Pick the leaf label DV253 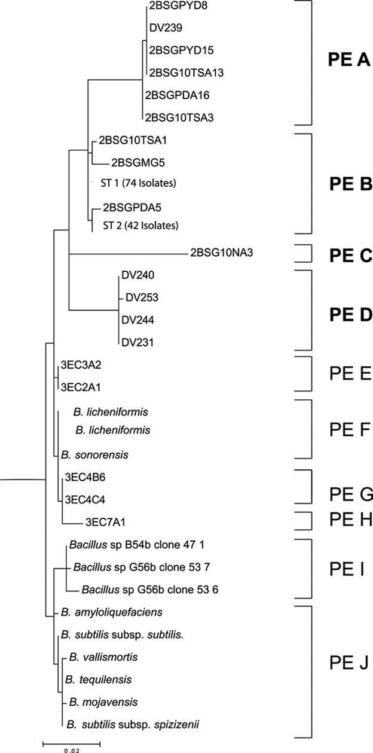pos(139,297)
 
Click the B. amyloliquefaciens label pos(112,612)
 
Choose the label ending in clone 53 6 pos(150,590)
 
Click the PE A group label pos(350,60)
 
